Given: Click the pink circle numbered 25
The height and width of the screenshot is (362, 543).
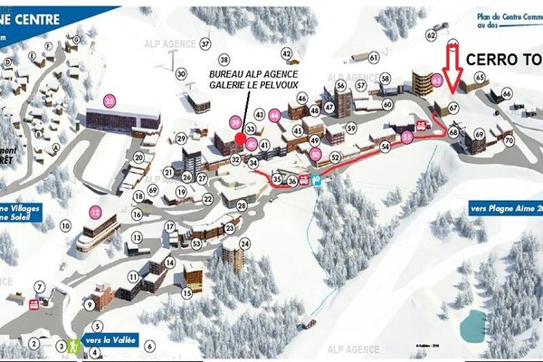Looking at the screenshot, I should (x=110, y=100).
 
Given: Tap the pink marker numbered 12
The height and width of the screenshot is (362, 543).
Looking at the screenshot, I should (x=95, y=213).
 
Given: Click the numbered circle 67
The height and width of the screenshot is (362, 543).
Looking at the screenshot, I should (x=453, y=107).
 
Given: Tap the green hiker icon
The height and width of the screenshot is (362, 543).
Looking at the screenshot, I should (x=72, y=346).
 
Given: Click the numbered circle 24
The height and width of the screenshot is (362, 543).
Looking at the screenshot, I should (x=244, y=243).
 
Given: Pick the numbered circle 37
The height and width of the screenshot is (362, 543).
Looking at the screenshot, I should (x=205, y=43).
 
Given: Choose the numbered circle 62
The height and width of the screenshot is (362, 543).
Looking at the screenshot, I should (x=431, y=36).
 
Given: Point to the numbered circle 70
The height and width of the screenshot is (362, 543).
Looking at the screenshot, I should (x=509, y=140).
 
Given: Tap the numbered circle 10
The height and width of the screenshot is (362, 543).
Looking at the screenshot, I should (x=65, y=224).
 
